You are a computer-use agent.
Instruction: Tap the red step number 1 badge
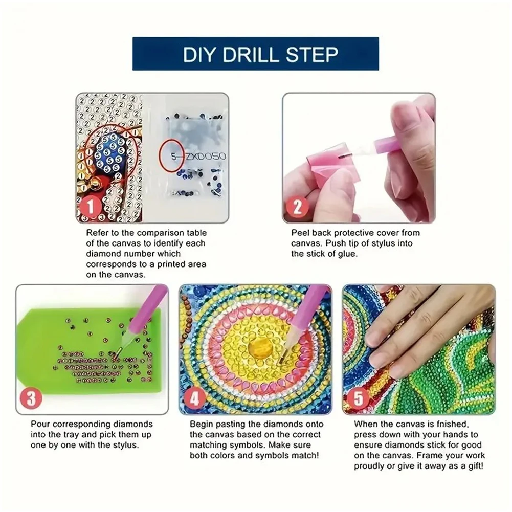point(90,208)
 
